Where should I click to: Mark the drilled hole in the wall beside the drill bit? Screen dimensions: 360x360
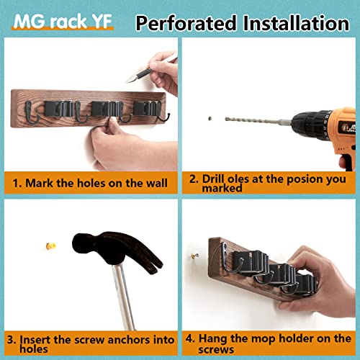206,116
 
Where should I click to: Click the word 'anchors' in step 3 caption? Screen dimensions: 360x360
123,338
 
